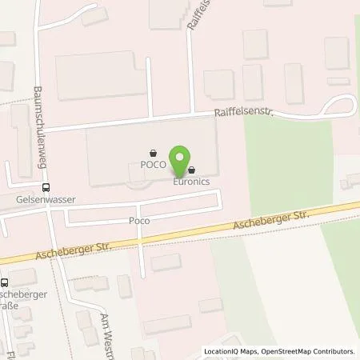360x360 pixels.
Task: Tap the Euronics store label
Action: pos(192,182)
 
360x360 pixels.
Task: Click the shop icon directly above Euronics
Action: pos(192,170)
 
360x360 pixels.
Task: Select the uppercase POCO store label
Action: pos(153,165)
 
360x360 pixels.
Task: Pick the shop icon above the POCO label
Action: pos(153,153)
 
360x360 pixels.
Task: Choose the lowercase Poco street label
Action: pos(118,218)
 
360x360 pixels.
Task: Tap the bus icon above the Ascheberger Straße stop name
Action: pos(6,282)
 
